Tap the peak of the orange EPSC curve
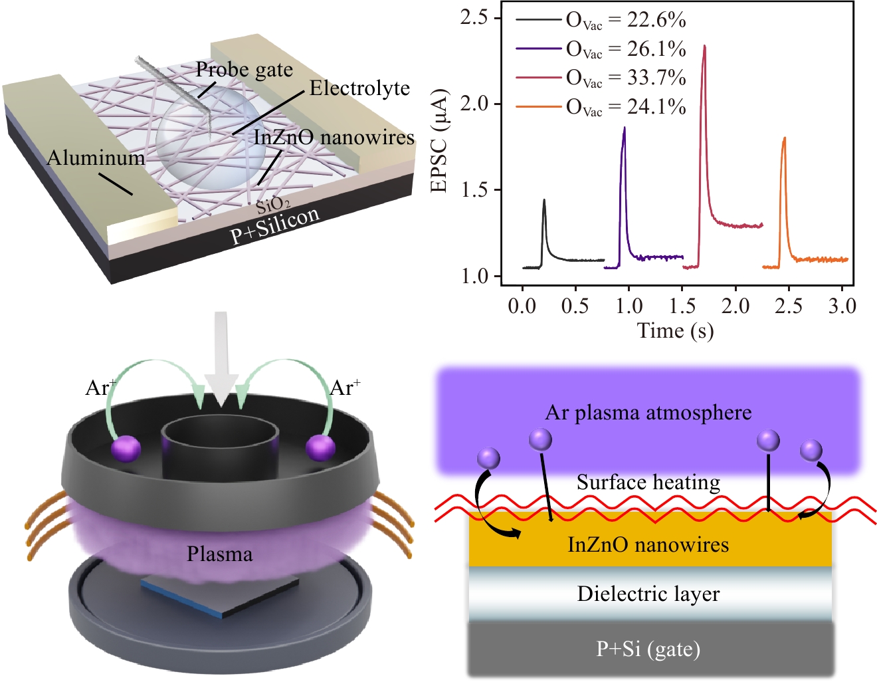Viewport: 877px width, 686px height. (x=785, y=138)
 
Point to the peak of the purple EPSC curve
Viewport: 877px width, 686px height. (x=624, y=128)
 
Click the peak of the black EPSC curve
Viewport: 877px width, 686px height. (x=544, y=199)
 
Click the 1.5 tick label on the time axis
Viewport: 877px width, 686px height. (x=682, y=306)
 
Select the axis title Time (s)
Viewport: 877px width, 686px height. (x=675, y=330)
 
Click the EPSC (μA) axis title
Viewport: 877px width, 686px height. (x=439, y=141)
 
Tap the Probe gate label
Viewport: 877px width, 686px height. (x=244, y=70)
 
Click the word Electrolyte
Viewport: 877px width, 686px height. (x=359, y=88)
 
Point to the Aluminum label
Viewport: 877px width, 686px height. (x=96, y=158)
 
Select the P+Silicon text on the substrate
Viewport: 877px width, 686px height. (x=274, y=226)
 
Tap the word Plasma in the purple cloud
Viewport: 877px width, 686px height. (x=220, y=554)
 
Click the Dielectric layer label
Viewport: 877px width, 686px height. (x=648, y=594)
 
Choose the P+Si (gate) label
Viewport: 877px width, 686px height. (x=648, y=649)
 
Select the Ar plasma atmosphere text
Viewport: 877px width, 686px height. (x=648, y=413)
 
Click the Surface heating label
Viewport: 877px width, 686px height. (x=648, y=482)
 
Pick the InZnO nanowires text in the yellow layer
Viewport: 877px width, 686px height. (x=648, y=545)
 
